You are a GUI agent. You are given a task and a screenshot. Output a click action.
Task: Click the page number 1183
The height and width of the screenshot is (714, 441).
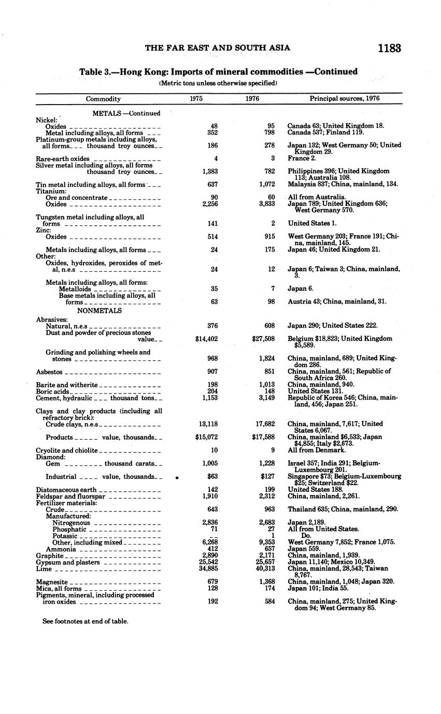coord(389,49)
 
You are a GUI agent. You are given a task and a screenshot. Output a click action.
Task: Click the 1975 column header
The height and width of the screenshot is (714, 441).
coord(196,98)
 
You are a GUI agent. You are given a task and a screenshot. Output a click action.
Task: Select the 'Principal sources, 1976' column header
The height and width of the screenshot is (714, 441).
coord(345,98)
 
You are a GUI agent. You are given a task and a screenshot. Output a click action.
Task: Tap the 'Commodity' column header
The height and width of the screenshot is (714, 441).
coord(103,99)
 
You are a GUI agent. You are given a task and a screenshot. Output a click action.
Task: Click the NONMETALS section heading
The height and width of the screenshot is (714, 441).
coord(99,311)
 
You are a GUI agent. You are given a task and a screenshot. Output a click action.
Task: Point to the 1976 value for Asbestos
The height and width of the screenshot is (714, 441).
coord(266,372)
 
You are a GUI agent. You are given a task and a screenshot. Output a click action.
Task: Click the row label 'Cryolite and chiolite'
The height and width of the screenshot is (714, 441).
coord(66,450)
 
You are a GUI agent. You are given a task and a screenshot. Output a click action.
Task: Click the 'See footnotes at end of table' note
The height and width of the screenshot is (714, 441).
coord(85,621)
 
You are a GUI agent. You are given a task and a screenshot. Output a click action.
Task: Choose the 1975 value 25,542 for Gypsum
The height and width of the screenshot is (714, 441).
coord(210,562)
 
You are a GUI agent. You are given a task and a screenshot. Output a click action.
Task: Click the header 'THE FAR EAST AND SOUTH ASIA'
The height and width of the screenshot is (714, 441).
coord(217,48)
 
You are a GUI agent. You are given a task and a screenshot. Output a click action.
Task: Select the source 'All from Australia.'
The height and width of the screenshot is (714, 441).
coord(317,197)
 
